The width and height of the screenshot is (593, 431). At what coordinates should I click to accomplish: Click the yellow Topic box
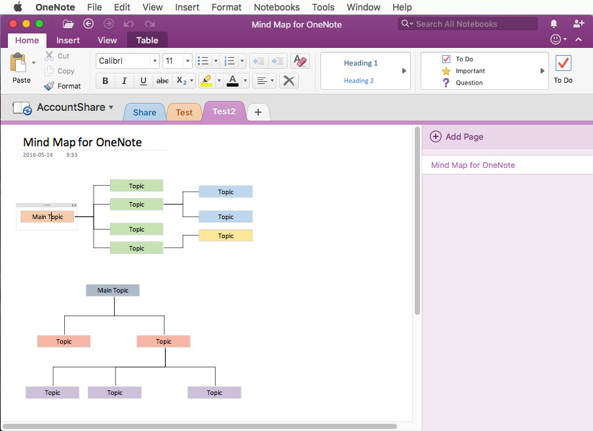point(225,236)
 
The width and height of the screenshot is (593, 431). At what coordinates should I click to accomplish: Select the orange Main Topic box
point(47,216)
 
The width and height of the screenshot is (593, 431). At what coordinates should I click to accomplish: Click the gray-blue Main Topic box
point(113,290)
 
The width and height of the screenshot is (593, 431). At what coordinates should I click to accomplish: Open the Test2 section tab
point(224,112)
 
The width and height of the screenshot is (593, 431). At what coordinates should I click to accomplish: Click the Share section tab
point(144,112)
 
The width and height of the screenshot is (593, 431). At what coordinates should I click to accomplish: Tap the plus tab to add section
point(258,112)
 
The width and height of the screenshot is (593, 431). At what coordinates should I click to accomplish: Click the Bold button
point(105,81)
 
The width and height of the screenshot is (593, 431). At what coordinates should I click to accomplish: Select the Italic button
point(124,81)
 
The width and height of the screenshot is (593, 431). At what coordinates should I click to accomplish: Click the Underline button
point(143,81)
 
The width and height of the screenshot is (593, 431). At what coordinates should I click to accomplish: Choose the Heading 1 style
point(360,63)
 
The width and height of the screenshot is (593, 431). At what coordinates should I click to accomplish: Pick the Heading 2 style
point(358,80)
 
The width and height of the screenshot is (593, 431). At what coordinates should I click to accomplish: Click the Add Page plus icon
point(436,136)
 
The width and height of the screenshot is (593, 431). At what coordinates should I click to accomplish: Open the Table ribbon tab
point(147,40)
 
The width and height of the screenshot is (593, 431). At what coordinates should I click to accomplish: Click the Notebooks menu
point(277,7)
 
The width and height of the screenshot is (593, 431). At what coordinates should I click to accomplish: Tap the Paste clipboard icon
point(18,63)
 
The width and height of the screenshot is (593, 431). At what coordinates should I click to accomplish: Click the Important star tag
point(446,71)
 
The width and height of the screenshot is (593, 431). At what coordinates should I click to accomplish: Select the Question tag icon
point(446,83)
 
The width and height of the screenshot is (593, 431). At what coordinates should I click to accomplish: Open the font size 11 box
point(177,60)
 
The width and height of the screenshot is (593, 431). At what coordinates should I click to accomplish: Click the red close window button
point(13,24)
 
